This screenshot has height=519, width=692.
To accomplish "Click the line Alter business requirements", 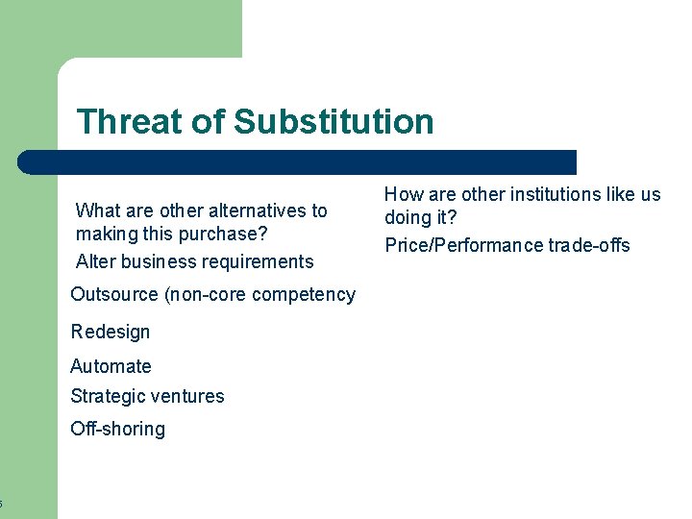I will [194, 261].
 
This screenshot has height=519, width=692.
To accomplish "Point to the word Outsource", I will [115, 295].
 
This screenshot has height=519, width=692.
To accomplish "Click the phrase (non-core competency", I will [260, 295].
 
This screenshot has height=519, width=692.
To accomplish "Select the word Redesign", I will [111, 332].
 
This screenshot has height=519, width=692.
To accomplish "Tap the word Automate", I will [111, 366].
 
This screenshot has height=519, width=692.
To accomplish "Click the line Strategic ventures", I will [147, 396].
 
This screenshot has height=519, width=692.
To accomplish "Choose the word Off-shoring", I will [117, 429].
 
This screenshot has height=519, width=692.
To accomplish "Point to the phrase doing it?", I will [420, 218].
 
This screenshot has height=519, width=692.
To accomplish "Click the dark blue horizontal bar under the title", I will [298, 162].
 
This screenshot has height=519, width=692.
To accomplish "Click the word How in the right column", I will [402, 194].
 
